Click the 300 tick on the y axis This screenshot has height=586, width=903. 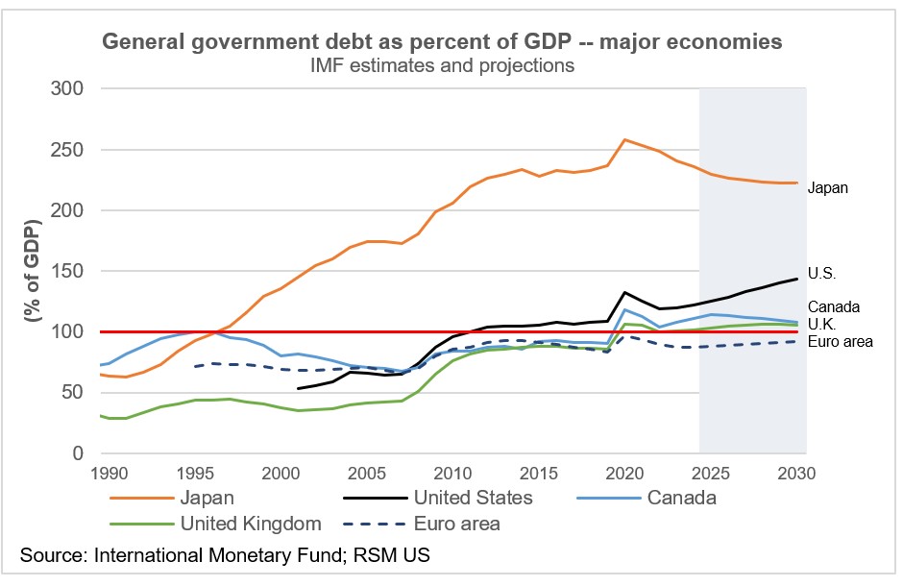pos(66,88)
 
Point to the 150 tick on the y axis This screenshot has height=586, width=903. pos(66,271)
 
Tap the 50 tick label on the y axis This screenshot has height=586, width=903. pos(72,392)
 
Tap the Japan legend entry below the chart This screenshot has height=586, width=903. pos(206,498)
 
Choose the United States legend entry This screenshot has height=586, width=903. pos(471,498)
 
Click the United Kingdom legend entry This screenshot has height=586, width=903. pos(250,524)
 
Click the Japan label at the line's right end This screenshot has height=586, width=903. pos(828,188)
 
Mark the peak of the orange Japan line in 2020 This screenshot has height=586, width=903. pos(625,139)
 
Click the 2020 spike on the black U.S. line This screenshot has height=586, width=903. pos(625,292)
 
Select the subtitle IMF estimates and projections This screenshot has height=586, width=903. pos(441,65)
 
